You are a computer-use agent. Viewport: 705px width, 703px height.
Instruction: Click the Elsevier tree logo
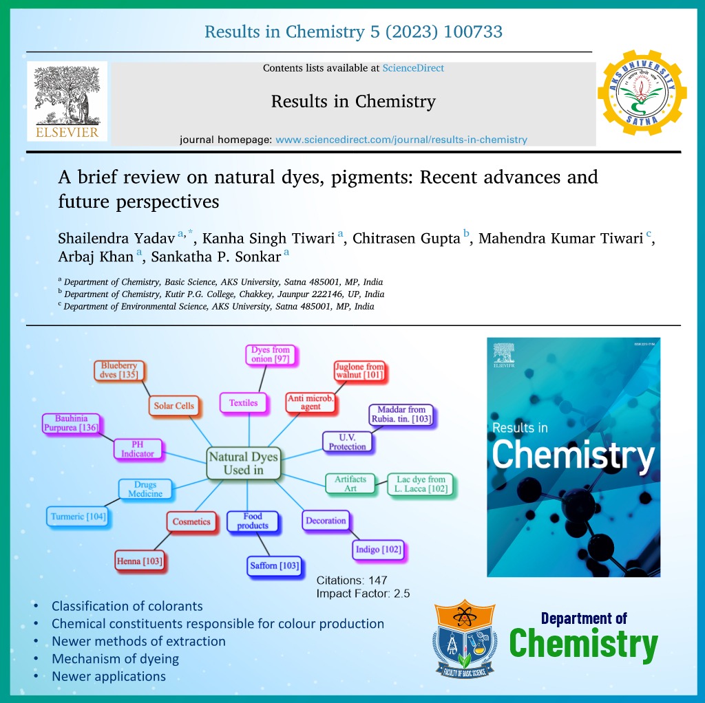click(x=67, y=101)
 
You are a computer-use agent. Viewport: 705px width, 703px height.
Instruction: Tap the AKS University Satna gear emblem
click(x=642, y=93)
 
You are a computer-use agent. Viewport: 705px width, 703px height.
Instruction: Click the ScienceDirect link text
click(x=413, y=68)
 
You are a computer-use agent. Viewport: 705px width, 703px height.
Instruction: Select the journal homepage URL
click(x=401, y=140)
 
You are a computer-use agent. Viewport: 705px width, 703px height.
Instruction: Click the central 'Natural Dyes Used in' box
click(x=243, y=463)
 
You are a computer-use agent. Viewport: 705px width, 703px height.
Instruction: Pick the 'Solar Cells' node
click(x=174, y=406)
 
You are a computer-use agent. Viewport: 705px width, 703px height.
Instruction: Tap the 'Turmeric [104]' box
click(x=78, y=517)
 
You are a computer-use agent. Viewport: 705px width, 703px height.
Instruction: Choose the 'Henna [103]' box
click(x=139, y=561)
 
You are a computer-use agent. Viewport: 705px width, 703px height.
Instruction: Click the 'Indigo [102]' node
click(x=378, y=550)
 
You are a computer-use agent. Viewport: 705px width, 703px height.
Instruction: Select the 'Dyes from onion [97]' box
click(x=270, y=354)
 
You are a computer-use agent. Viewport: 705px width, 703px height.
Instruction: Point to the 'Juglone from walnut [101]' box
click(x=359, y=371)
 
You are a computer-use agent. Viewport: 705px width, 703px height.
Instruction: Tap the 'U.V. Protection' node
click(x=347, y=442)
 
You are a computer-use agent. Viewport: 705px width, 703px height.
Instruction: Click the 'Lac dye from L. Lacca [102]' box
click(x=421, y=484)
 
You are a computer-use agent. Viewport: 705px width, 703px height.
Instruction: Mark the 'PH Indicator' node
click(x=138, y=449)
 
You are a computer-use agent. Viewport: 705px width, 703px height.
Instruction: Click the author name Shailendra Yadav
click(x=116, y=238)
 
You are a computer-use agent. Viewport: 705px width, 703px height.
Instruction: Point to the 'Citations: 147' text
click(x=352, y=581)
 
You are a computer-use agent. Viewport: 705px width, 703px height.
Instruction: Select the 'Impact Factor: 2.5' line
click(x=363, y=594)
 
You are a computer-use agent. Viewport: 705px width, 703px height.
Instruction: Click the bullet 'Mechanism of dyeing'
click(x=115, y=658)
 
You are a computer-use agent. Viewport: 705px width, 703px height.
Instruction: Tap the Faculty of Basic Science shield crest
click(x=465, y=638)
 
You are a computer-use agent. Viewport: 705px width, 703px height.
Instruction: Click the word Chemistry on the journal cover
click(x=574, y=456)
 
